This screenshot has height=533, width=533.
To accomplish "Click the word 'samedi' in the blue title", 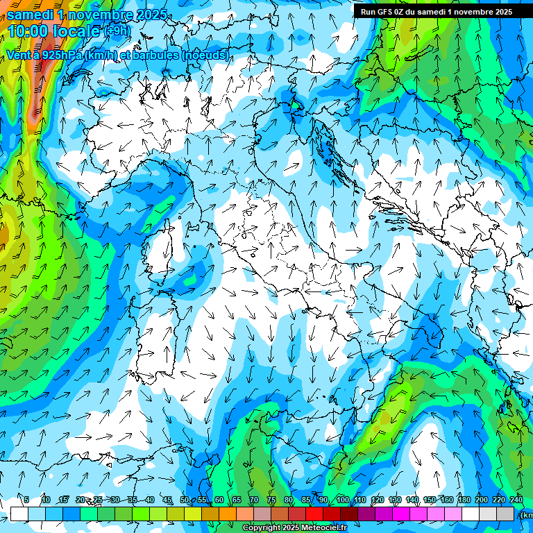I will tap(31, 14).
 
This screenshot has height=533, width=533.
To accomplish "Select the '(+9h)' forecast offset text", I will tap(116, 31).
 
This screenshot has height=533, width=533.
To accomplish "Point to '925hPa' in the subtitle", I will tap(60, 55).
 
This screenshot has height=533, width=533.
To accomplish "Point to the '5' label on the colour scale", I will tap(26, 500).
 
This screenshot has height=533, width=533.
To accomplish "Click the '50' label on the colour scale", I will tap(184, 500).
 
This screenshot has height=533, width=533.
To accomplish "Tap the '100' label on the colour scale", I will tap(343, 500).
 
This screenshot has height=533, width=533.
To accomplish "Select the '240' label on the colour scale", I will tap(516, 500).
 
